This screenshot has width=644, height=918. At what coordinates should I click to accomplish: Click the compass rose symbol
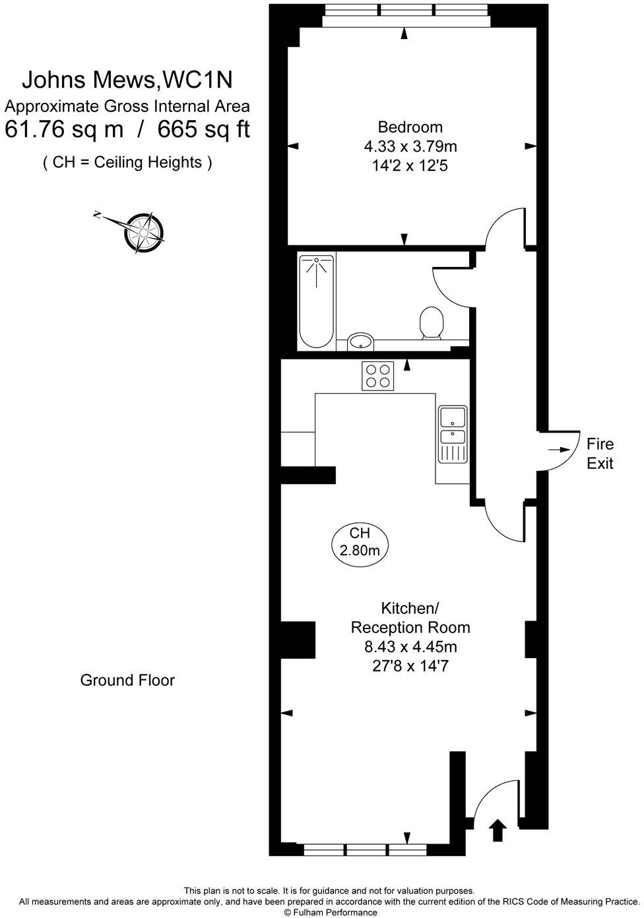coord(143,231)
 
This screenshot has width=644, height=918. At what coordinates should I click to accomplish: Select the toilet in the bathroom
coord(432,323)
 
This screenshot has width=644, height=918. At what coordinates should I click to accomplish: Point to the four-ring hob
coord(378,376)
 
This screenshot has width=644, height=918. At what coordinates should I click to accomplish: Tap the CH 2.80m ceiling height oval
coord(360,542)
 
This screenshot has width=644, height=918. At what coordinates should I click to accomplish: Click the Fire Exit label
coord(600,454)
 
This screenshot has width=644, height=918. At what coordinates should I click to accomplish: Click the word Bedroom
coord(410,127)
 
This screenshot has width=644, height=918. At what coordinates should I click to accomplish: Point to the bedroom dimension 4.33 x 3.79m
coord(410,146)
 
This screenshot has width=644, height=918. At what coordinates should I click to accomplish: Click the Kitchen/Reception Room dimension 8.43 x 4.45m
coord(410,646)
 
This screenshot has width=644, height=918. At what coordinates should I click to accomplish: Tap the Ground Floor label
coord(127,680)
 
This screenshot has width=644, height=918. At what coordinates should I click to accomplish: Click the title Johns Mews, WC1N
coord(127,80)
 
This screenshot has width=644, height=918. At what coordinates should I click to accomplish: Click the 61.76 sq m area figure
coord(64,129)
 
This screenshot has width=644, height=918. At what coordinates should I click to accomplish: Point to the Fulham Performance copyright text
coord(331,912)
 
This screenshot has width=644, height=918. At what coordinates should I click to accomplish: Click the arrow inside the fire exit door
coord(559,449)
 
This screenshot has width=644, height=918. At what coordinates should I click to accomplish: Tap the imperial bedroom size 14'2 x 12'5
coord(410,166)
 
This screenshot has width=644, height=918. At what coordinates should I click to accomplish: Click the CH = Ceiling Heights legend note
coord(127,162)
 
